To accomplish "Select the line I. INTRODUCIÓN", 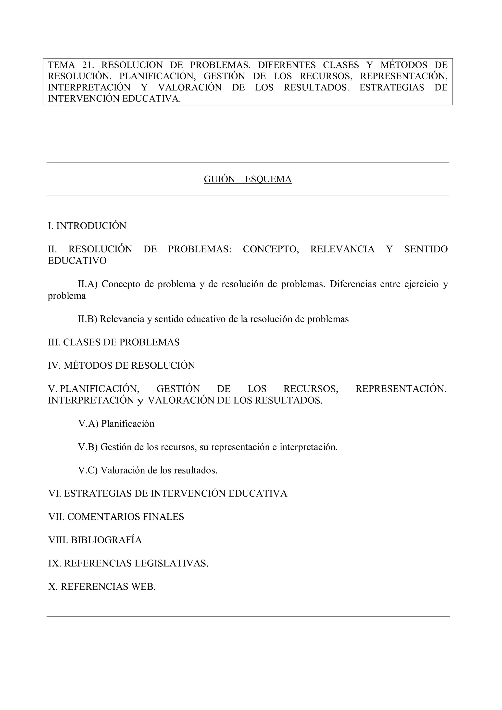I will click(x=87, y=226).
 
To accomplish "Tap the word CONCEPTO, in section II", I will click(x=271, y=249).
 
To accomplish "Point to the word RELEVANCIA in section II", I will click(x=342, y=249).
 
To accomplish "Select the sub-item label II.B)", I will click(x=88, y=319).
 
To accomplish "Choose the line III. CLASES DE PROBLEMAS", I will click(x=113, y=342).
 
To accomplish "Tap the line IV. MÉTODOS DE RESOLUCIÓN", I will click(x=121, y=365).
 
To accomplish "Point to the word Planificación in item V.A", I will click(x=128, y=424).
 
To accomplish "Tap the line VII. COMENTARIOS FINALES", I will click(x=116, y=517).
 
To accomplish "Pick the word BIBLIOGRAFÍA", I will click(x=106, y=540).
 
